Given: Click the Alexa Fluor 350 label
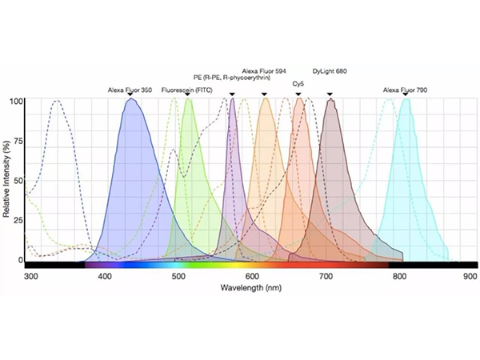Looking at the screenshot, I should point(130,90).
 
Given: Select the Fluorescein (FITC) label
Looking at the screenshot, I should point(187,90).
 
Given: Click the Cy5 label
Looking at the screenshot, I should point(298,83).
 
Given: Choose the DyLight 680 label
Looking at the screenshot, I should point(330,71).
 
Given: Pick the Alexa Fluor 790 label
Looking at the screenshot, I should point(405,90).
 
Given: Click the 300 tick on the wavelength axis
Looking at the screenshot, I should point(31,276).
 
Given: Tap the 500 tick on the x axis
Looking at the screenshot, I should point(179,276).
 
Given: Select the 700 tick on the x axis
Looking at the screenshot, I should point(326,276).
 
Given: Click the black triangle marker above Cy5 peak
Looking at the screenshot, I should point(298,95).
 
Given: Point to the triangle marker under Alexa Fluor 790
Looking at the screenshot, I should point(406,96).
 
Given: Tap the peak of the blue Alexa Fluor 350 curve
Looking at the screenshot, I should point(130,100).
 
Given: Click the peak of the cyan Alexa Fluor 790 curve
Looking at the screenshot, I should point(406,100).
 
